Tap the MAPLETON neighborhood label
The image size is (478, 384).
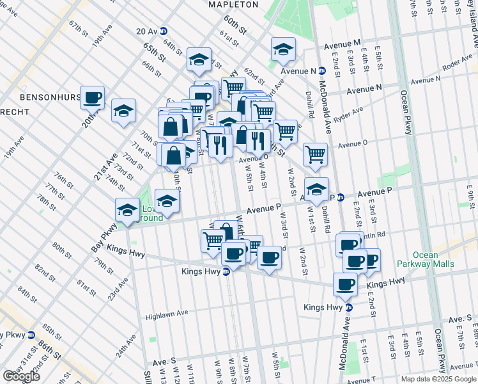click(x=233, y=4)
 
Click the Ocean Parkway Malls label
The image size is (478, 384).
click(x=425, y=259)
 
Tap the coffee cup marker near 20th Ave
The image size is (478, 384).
click(x=92, y=98)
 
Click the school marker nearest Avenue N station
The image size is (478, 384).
click(x=283, y=49)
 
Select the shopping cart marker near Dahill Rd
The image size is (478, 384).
click(x=315, y=154)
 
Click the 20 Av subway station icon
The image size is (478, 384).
click(x=164, y=30)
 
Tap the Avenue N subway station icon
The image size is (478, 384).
click(x=313, y=71)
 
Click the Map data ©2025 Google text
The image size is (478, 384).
click(x=438, y=379)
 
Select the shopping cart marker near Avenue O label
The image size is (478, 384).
click(x=285, y=131)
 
